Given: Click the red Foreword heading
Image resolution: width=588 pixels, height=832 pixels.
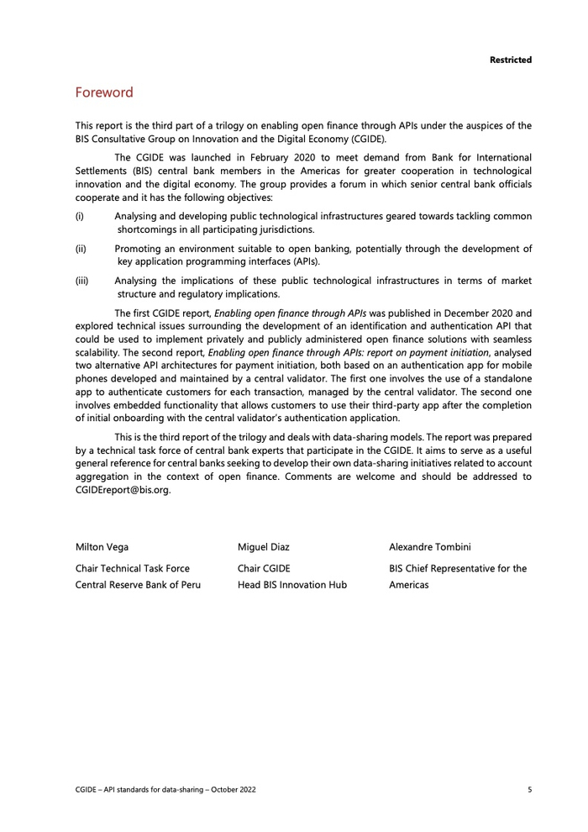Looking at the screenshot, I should [x=104, y=92].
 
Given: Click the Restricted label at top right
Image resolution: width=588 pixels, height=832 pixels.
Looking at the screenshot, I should [x=511, y=60].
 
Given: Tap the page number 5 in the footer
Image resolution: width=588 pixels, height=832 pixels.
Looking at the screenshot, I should [x=529, y=790].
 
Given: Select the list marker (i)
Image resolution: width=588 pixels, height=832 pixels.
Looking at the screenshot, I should [x=79, y=216].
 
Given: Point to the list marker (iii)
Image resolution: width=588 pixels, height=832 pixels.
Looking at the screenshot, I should [x=81, y=281].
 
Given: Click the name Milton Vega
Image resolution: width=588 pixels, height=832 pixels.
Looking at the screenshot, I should [x=102, y=547].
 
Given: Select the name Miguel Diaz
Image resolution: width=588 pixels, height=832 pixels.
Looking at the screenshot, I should [x=265, y=547].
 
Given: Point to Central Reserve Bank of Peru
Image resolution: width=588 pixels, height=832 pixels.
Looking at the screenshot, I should [x=138, y=585].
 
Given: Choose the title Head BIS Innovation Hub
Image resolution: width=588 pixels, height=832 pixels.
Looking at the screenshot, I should [x=292, y=585].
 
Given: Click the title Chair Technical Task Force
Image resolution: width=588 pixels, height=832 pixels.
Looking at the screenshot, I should [x=133, y=568].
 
